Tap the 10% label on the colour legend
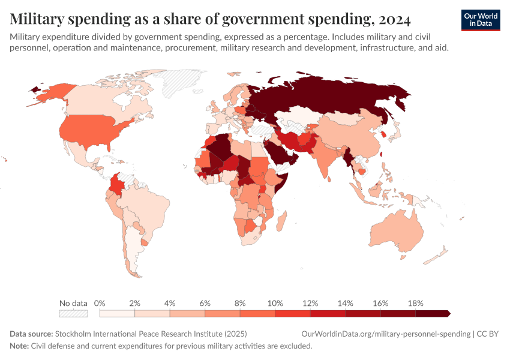(x=275, y=303)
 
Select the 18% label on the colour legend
(x=415, y=303)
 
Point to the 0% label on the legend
(x=100, y=303)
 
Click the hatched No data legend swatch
(x=73, y=313)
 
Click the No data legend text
(x=73, y=303)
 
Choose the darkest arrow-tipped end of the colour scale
(x=447, y=313)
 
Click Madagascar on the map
(x=280, y=223)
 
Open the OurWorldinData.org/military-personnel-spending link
(x=385, y=334)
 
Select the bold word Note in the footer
(x=19, y=346)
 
